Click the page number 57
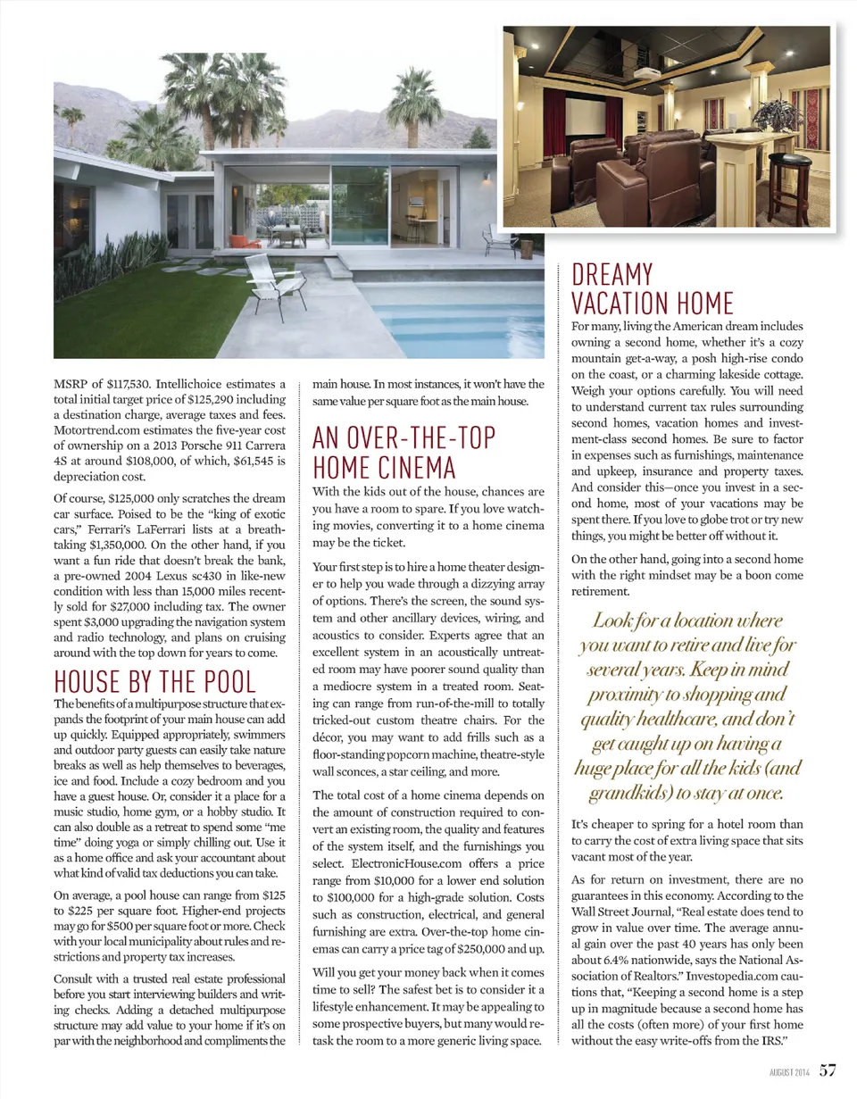828,1069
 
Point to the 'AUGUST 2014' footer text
788,1070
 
